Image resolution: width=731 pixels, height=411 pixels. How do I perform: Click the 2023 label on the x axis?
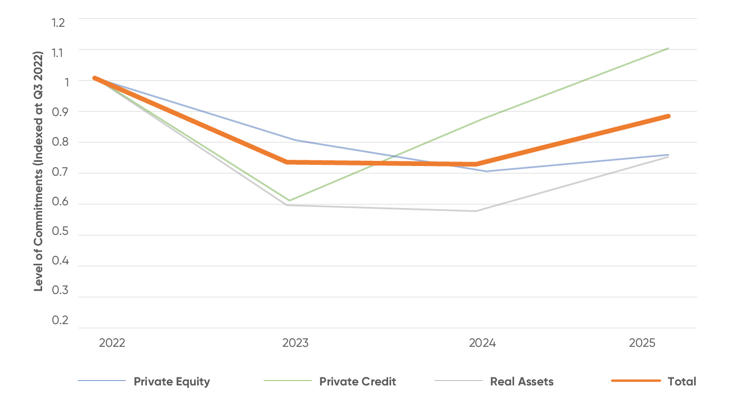tap(295, 343)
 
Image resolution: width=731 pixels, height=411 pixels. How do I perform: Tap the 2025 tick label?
tap(642, 343)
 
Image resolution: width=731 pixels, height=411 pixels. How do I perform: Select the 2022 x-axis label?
tap(112, 343)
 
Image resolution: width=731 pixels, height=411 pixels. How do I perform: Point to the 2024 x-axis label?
tap(482, 343)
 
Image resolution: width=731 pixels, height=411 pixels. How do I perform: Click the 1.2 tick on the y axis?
tap(59, 23)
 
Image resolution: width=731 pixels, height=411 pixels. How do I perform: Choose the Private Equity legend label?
tap(171, 381)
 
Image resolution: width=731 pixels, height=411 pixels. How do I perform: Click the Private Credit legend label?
tap(358, 381)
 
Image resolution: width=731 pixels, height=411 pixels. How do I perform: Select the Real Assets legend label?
tap(521, 381)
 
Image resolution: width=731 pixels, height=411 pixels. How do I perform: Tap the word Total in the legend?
tap(681, 381)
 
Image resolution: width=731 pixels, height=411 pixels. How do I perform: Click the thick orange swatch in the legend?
tap(636, 381)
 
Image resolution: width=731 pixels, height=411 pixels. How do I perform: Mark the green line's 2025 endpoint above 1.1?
tap(668, 48)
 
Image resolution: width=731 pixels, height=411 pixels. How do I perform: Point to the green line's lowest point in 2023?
tap(289, 201)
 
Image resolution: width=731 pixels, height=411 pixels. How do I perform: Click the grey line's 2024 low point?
tap(477, 211)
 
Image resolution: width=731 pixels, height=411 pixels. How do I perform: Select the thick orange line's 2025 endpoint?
tap(668, 116)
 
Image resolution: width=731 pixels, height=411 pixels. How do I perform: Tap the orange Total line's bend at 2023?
tap(288, 162)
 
